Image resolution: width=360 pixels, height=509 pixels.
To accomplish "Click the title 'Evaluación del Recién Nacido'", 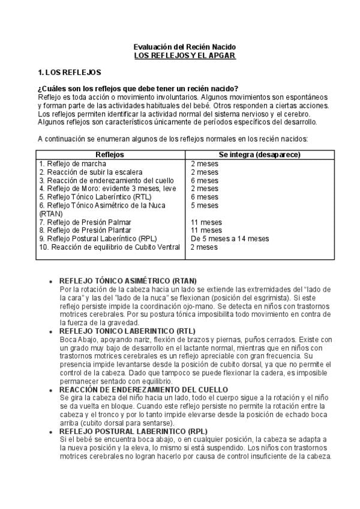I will coord(184,46).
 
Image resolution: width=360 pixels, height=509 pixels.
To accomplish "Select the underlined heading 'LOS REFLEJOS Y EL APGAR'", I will coord(184,55).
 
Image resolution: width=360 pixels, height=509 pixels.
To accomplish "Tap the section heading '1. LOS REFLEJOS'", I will coord(69,72).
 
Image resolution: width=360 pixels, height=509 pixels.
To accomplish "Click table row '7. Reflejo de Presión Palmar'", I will coord(85,222).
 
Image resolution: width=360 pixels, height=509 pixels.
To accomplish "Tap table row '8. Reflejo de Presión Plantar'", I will coord(85,230).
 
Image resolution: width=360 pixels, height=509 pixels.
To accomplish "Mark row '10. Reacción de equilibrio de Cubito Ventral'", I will coord(109,247).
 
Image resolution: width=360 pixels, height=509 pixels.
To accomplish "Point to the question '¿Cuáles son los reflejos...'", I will coord(138,89).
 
